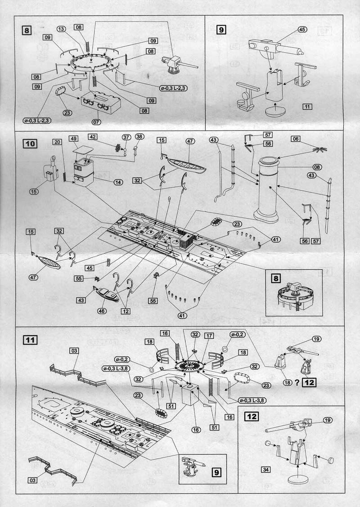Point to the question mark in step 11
[297, 383]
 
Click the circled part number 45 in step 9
[301, 30]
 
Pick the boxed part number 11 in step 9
[308, 107]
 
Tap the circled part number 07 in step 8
[96, 121]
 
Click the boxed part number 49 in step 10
[73, 139]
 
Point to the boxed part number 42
[92, 137]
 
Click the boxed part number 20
[57, 142]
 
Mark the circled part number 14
[118, 182]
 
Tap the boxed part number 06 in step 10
[308, 139]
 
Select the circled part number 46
[101, 310]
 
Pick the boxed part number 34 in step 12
[265, 469]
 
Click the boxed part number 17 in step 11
[208, 336]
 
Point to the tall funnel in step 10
[269, 189]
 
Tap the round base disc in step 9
[275, 111]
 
